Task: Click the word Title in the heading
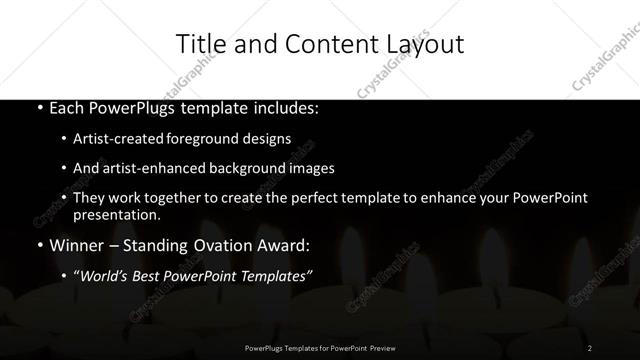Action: point(197,44)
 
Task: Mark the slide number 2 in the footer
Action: point(590,347)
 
